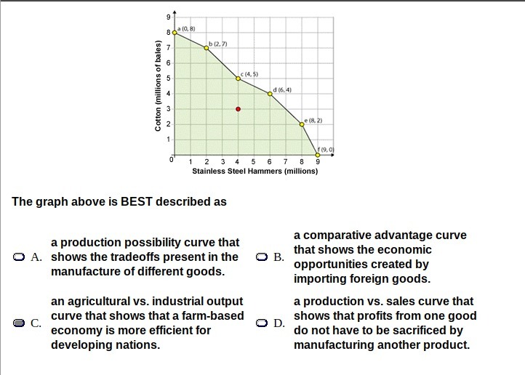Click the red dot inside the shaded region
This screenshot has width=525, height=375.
[x=238, y=109]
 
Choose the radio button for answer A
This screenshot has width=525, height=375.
[x=19, y=257]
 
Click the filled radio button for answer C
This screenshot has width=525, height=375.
[x=19, y=323]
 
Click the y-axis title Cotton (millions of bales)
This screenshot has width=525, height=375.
[x=158, y=85]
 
